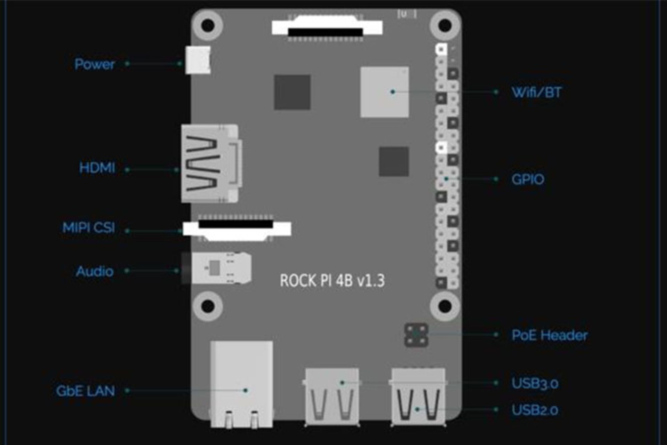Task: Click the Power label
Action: pyautogui.click(x=94, y=64)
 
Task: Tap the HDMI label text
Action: pyautogui.click(x=97, y=168)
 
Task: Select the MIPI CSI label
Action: pyautogui.click(x=89, y=228)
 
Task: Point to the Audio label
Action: pyautogui.click(x=94, y=271)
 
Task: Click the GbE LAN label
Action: pyautogui.click(x=85, y=391)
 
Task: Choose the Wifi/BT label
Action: pyautogui.click(x=536, y=92)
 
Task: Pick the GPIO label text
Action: pyautogui.click(x=528, y=179)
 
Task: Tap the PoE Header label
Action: pyautogui.click(x=550, y=335)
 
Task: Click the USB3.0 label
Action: pyautogui.click(x=535, y=383)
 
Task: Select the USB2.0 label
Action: pyautogui.click(x=535, y=410)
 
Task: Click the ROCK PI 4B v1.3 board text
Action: pyautogui.click(x=332, y=281)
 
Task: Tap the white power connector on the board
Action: pyautogui.click(x=198, y=60)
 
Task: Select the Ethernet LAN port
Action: pyautogui.click(x=241, y=384)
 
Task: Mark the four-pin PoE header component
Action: pyautogui.click(x=416, y=335)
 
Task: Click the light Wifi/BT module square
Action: pyautogui.click(x=385, y=92)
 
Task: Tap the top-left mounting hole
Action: pyautogui.click(x=208, y=25)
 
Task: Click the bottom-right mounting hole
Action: pyautogui.click(x=445, y=306)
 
